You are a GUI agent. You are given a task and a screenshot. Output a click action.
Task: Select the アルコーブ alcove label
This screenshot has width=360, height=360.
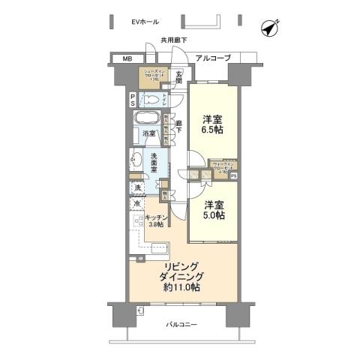coord(213,58)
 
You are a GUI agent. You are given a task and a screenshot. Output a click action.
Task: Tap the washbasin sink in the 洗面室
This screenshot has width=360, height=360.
coord(137,158)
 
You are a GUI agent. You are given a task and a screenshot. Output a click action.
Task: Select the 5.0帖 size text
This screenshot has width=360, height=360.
coord(213,215)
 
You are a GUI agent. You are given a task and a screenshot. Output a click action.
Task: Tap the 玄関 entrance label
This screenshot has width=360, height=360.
coord(180,76)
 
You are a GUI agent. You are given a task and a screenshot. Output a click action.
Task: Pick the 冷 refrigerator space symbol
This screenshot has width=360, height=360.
coord(137,203)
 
